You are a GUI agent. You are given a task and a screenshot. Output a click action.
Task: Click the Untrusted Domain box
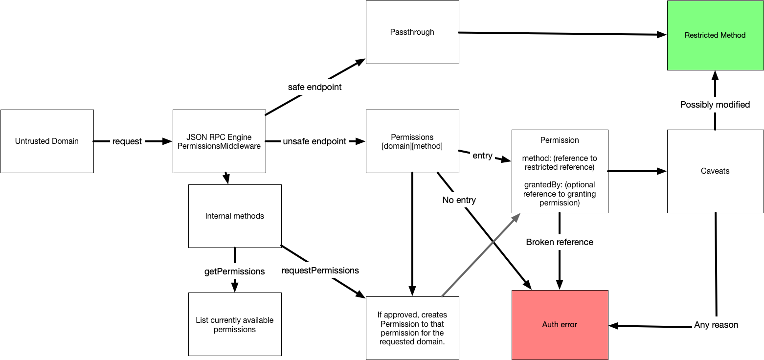(x=47, y=141)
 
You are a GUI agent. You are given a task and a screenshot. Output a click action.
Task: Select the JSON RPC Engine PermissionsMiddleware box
(x=219, y=141)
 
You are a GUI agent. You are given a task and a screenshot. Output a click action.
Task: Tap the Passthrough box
(x=412, y=32)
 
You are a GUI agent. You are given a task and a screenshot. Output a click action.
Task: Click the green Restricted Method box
(x=715, y=35)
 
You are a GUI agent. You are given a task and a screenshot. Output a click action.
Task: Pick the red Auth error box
(x=560, y=325)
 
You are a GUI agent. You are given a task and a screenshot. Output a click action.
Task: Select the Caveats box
(x=715, y=171)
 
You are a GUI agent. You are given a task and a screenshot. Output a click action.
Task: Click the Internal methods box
(x=235, y=216)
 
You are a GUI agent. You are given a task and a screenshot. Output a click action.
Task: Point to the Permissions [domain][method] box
(x=412, y=141)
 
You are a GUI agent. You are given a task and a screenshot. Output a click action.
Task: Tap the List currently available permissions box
(x=235, y=325)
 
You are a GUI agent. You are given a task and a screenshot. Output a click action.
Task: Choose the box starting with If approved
(x=412, y=328)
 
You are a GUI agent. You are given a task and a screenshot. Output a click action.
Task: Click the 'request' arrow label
(x=127, y=141)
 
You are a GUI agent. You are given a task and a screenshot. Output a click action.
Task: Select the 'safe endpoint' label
(x=315, y=87)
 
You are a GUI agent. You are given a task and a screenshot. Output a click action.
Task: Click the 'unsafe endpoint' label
(x=315, y=141)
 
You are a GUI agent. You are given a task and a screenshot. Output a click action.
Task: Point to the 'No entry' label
(x=459, y=200)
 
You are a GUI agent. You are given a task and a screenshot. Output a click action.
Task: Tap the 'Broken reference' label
(x=560, y=242)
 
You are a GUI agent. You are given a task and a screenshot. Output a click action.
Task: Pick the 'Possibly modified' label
(x=715, y=105)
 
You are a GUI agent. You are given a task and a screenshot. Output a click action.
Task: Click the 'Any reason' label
(x=716, y=325)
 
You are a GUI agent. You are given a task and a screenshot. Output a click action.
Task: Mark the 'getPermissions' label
(x=234, y=271)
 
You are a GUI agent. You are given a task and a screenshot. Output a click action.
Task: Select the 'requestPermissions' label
(x=320, y=270)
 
